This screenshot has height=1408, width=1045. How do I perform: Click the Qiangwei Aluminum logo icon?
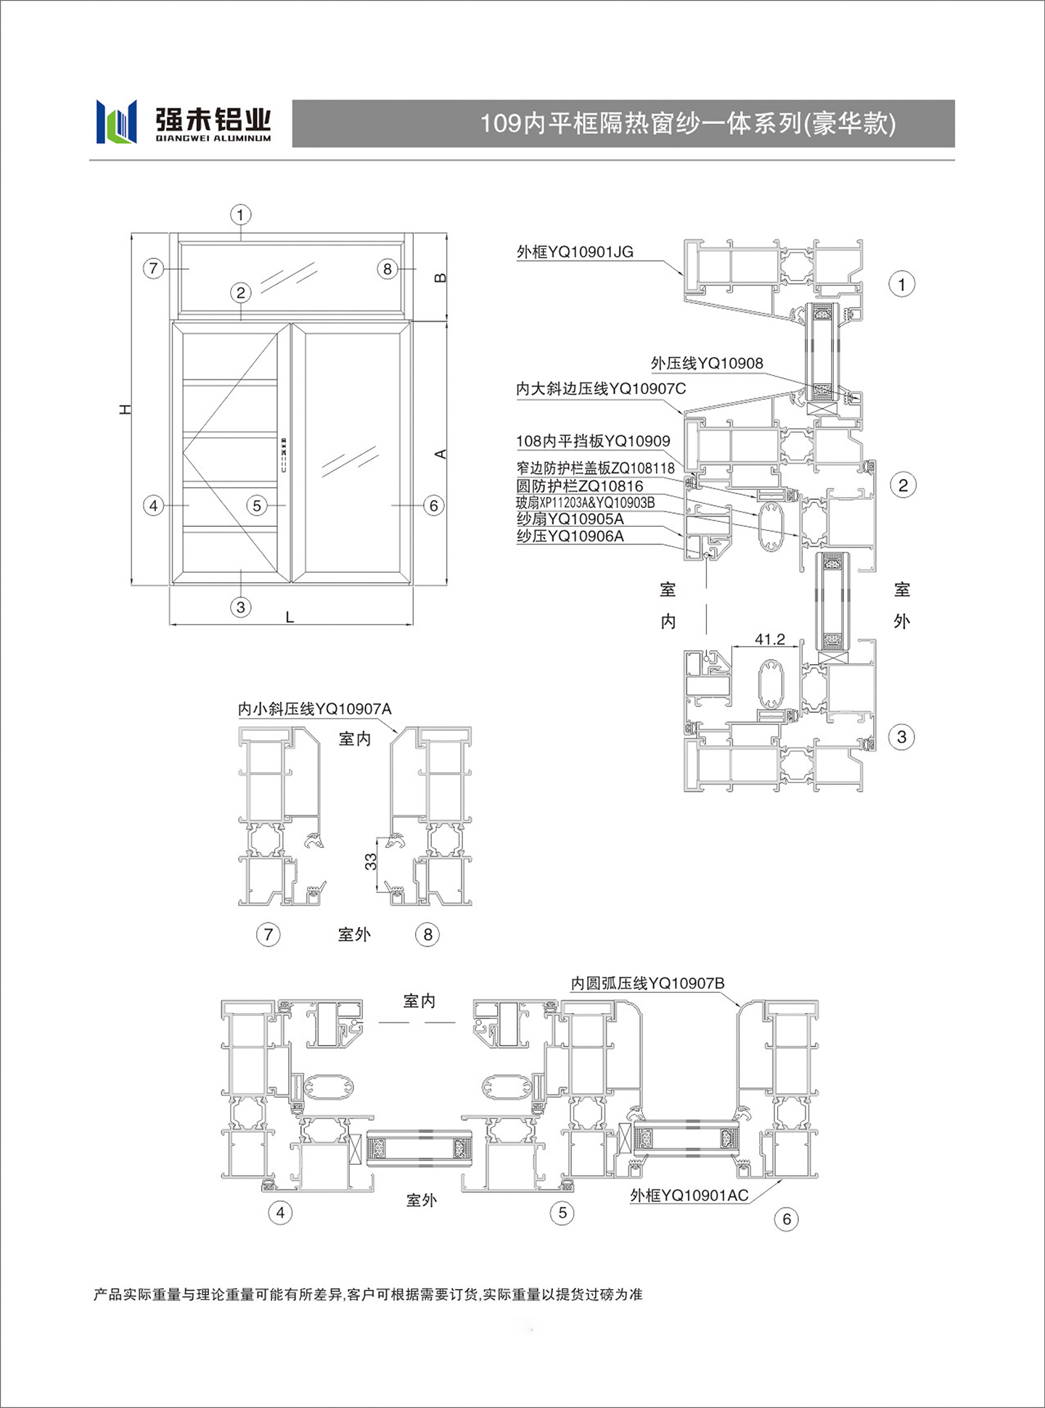pyautogui.click(x=116, y=121)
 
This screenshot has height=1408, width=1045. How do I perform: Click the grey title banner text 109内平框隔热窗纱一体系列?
pyautogui.click(x=641, y=123)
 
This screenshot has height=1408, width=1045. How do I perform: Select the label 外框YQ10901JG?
pyautogui.click(x=575, y=252)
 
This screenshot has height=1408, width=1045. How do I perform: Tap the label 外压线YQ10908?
pyautogui.click(x=707, y=363)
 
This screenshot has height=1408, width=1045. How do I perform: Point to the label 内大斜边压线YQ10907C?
pyautogui.click(x=601, y=389)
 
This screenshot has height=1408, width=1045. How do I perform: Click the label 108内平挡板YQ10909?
pyautogui.click(x=593, y=441)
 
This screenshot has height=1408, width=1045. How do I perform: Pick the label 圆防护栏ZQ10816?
pyautogui.click(x=580, y=486)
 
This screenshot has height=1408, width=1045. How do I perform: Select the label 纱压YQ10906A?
pyautogui.click(x=570, y=536)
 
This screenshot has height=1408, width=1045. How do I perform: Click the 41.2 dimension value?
pyautogui.click(x=769, y=639)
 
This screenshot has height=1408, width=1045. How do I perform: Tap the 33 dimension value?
pyautogui.click(x=371, y=861)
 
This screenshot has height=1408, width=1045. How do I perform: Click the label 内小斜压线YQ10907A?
pyautogui.click(x=315, y=709)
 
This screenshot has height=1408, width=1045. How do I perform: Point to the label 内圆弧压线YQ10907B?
pyautogui.click(x=647, y=983)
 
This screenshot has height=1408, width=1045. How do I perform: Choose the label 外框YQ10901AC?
pyautogui.click(x=689, y=1195)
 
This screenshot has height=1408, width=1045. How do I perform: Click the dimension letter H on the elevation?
pyautogui.click(x=126, y=409)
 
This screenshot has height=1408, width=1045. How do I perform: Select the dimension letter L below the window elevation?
pyautogui.click(x=290, y=618)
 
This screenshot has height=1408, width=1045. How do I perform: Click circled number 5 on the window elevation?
pyautogui.click(x=257, y=505)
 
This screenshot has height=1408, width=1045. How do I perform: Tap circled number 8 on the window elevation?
pyautogui.click(x=388, y=269)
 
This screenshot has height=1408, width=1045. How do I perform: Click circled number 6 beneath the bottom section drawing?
pyautogui.click(x=787, y=1219)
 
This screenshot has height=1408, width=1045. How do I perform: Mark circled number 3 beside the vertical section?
pyautogui.click(x=902, y=737)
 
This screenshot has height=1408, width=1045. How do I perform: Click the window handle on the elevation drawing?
pyautogui.click(x=283, y=455)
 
